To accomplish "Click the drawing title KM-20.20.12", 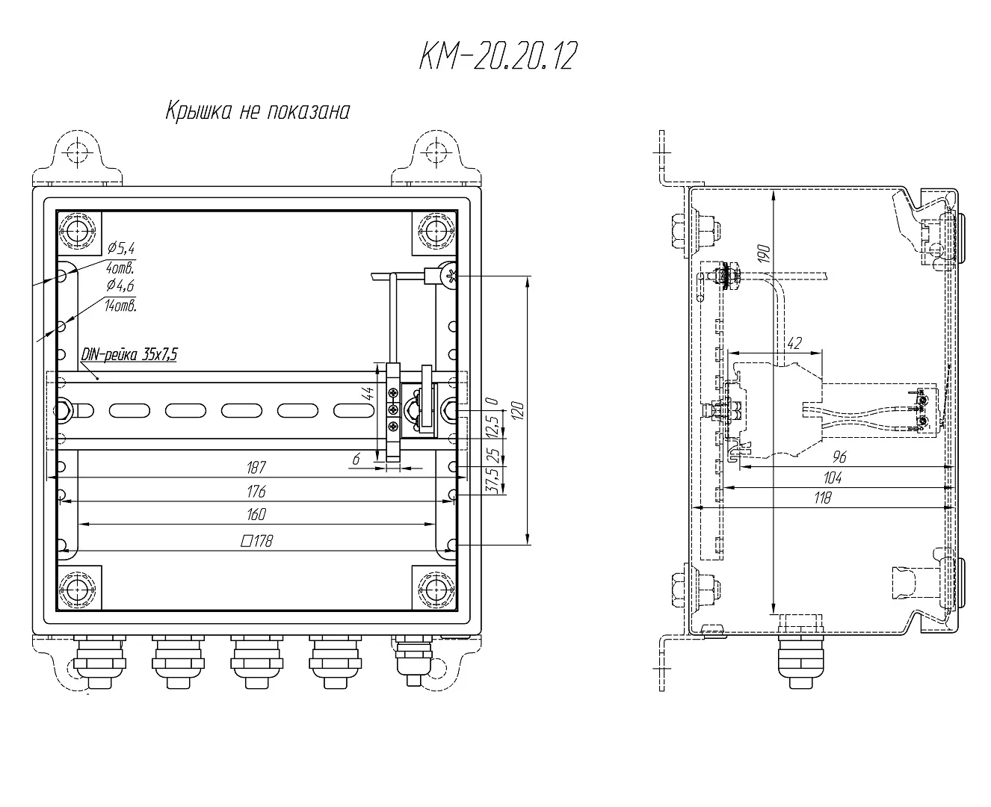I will [498, 57].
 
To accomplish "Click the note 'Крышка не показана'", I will [257, 111].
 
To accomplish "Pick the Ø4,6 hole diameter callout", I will [121, 285].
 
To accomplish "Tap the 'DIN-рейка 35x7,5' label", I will [129, 355].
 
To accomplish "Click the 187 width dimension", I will [256, 468].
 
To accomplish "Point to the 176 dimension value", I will [256, 492].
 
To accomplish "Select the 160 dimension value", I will [256, 515].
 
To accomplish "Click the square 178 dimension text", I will [256, 541].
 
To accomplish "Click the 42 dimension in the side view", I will [794, 344].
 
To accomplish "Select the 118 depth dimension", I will [822, 498].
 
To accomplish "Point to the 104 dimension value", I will [833, 477].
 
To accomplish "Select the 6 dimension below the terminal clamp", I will [357, 460].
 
